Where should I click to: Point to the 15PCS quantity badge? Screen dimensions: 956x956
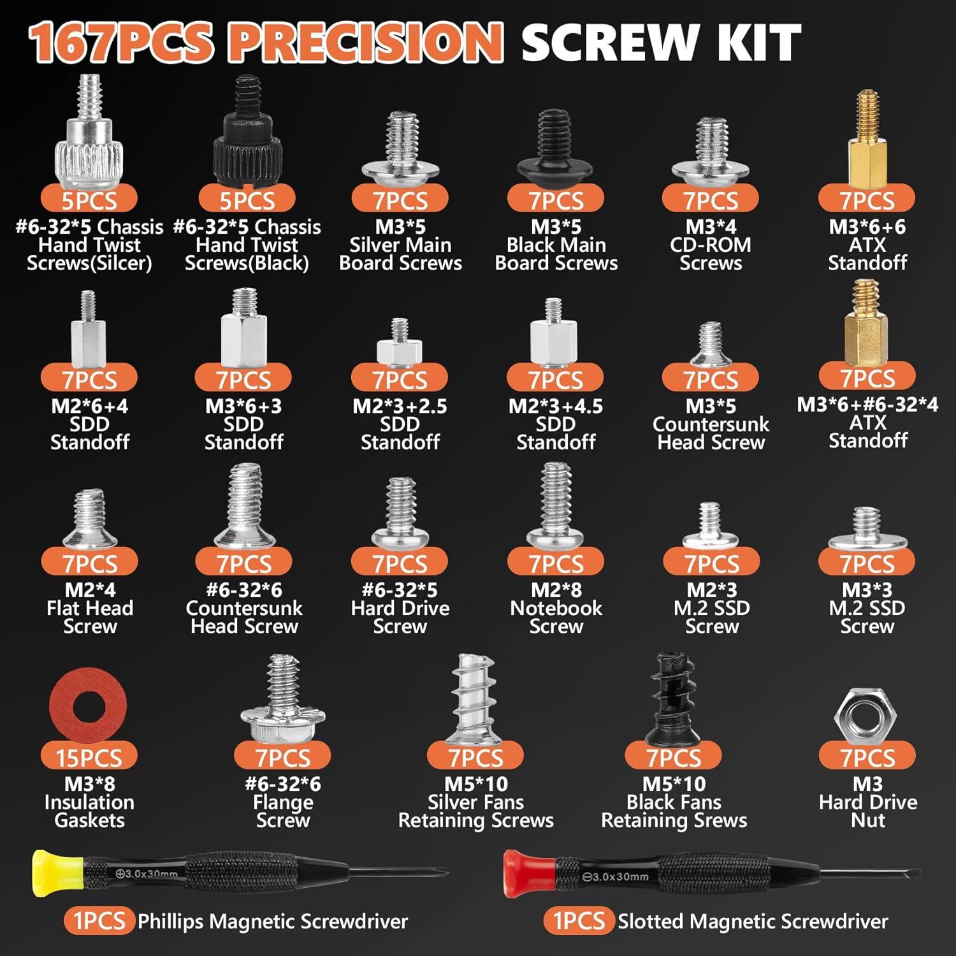(x=89, y=758)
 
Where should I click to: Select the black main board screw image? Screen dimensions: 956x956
(x=555, y=150)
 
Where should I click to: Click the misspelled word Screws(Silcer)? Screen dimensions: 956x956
(x=89, y=263)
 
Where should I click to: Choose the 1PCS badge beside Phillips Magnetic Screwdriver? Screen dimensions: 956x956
(x=99, y=921)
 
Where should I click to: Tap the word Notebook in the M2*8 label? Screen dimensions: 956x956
(x=556, y=608)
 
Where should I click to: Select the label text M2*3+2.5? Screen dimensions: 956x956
(x=400, y=406)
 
